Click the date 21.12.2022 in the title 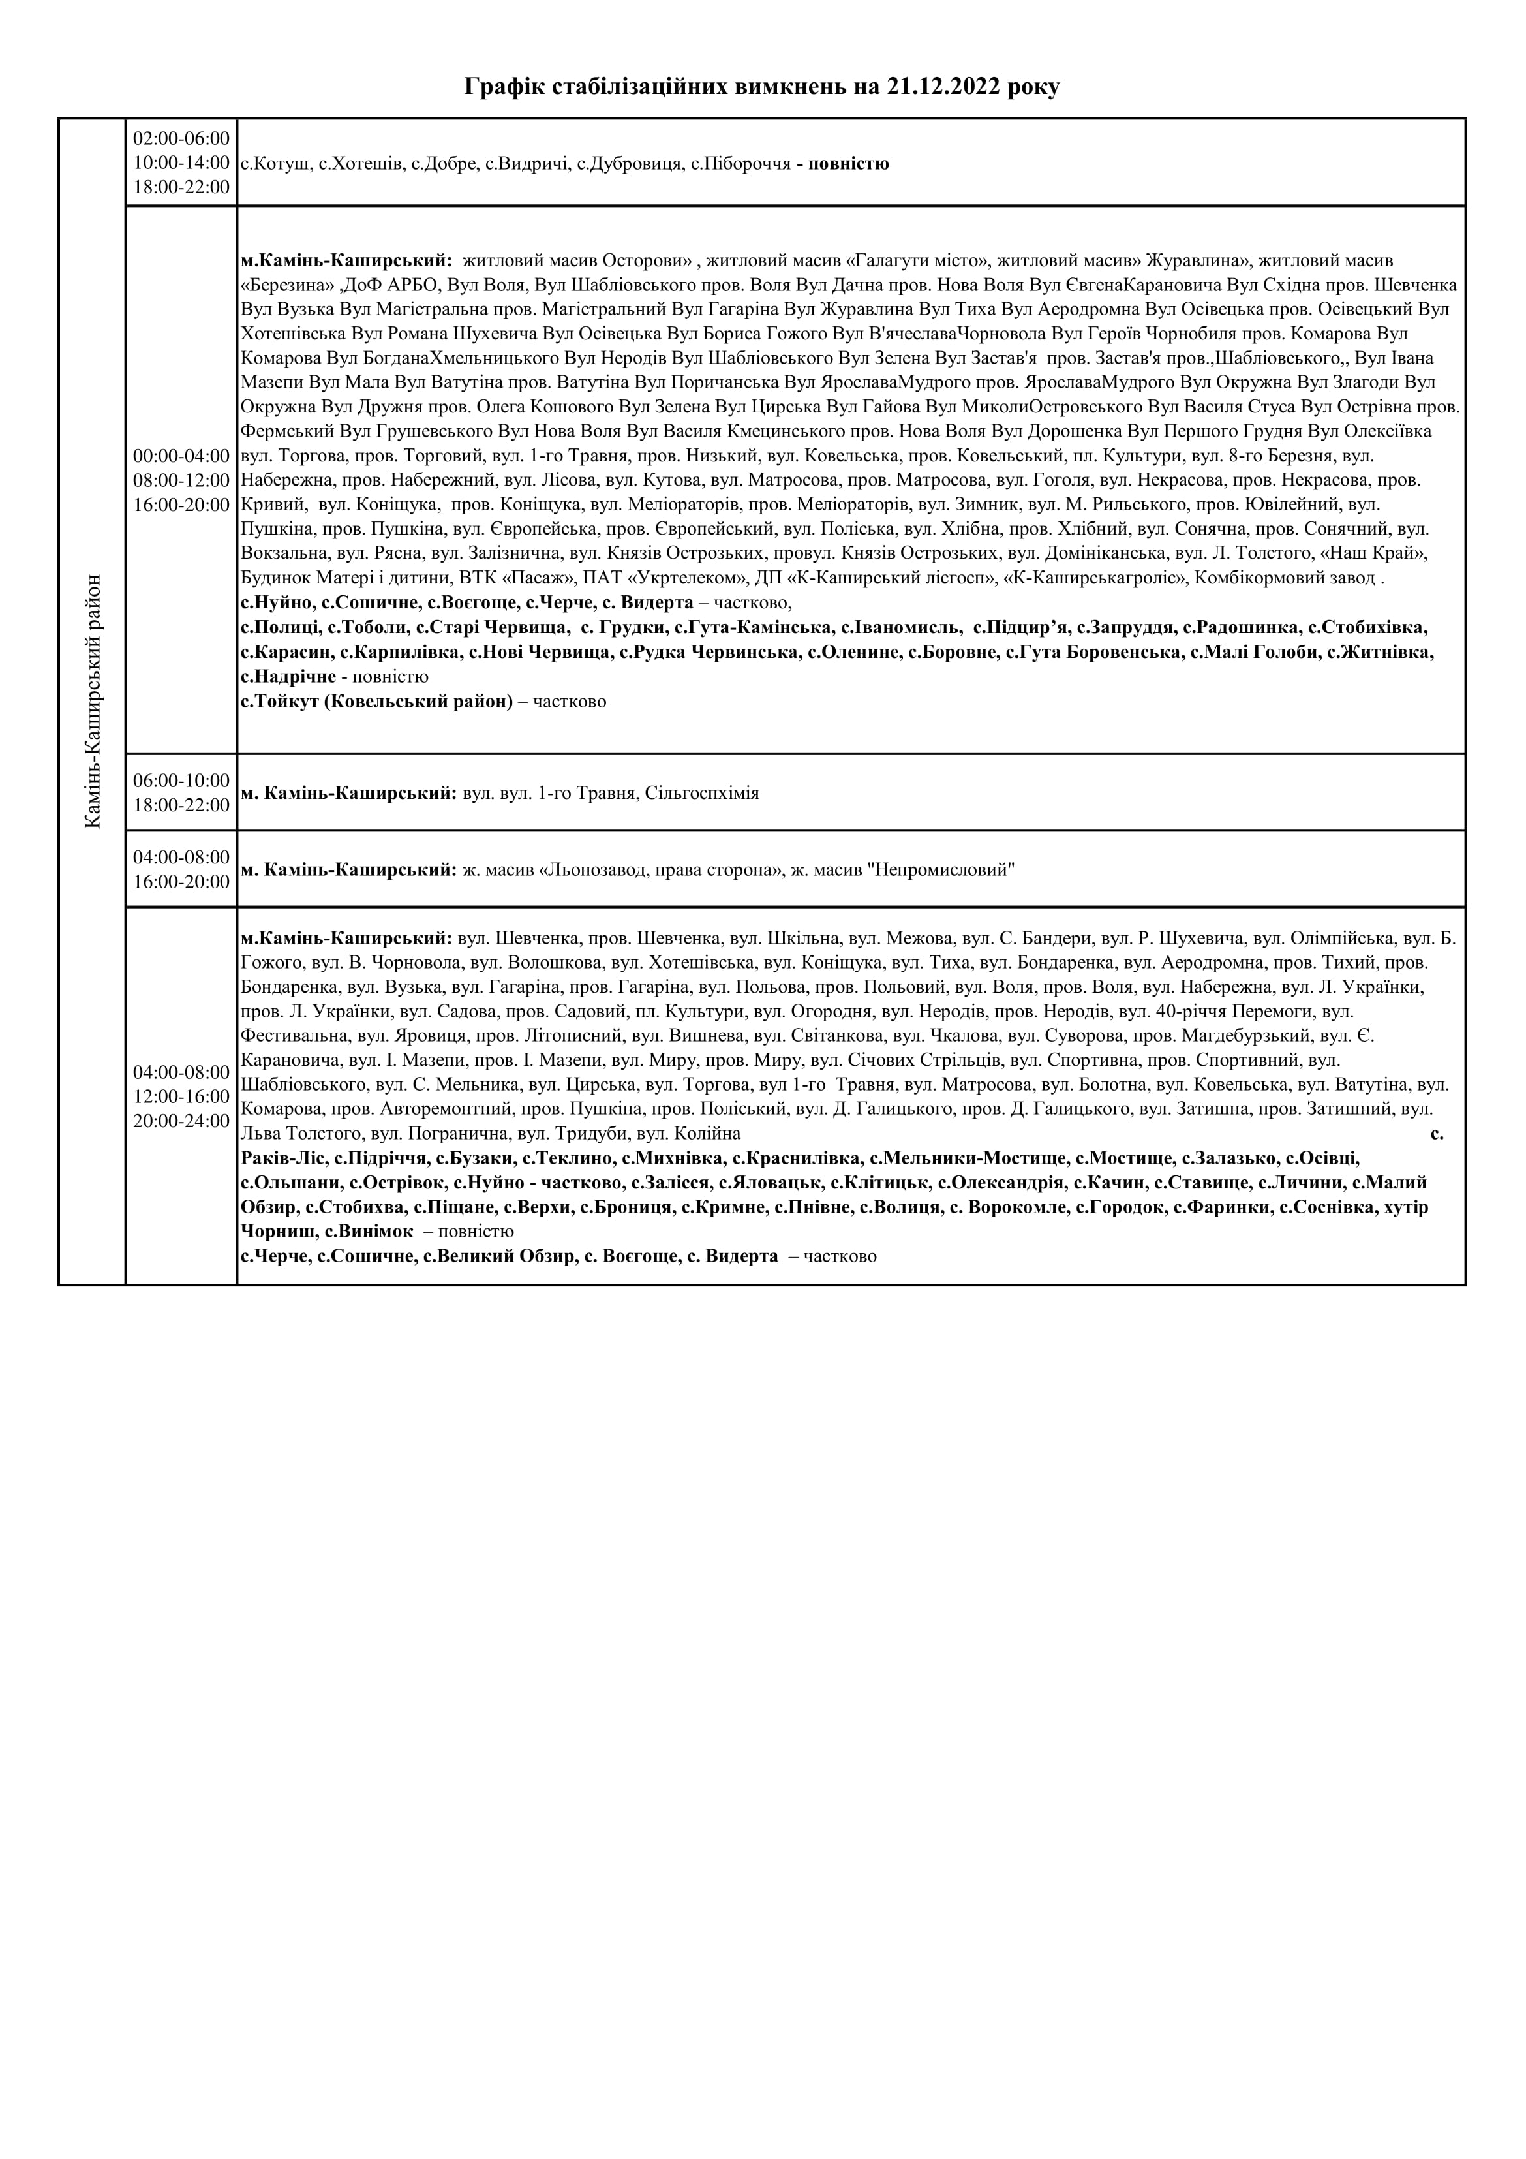941,87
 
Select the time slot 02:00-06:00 181,138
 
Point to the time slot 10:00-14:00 181,163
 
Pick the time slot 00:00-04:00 181,456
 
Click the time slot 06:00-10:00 181,781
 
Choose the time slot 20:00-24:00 181,1121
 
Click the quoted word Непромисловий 941,871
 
